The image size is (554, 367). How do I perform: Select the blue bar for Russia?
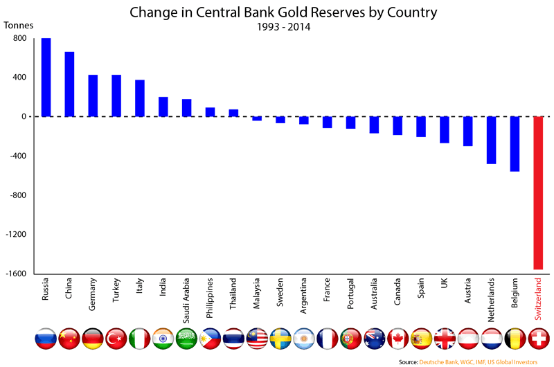pos(46,77)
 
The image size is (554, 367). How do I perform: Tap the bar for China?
pos(69,84)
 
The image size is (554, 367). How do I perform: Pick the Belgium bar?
pos(515,143)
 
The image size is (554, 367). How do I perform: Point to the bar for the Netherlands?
pos(492,140)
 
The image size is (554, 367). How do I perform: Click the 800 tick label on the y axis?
pos(19,38)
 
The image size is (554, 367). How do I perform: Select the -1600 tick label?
pos(15,274)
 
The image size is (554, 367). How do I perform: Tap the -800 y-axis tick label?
pos(17,195)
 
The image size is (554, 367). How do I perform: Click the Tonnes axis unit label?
pos(19,26)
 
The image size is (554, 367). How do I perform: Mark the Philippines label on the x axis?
pos(210,299)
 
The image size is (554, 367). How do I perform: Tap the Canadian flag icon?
pos(398,338)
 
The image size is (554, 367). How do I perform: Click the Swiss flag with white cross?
pos(539,338)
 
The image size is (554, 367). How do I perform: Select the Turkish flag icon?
pos(116,338)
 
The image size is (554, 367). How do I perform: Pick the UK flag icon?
pos(445,338)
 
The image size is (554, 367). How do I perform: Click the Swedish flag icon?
pos(280,338)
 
